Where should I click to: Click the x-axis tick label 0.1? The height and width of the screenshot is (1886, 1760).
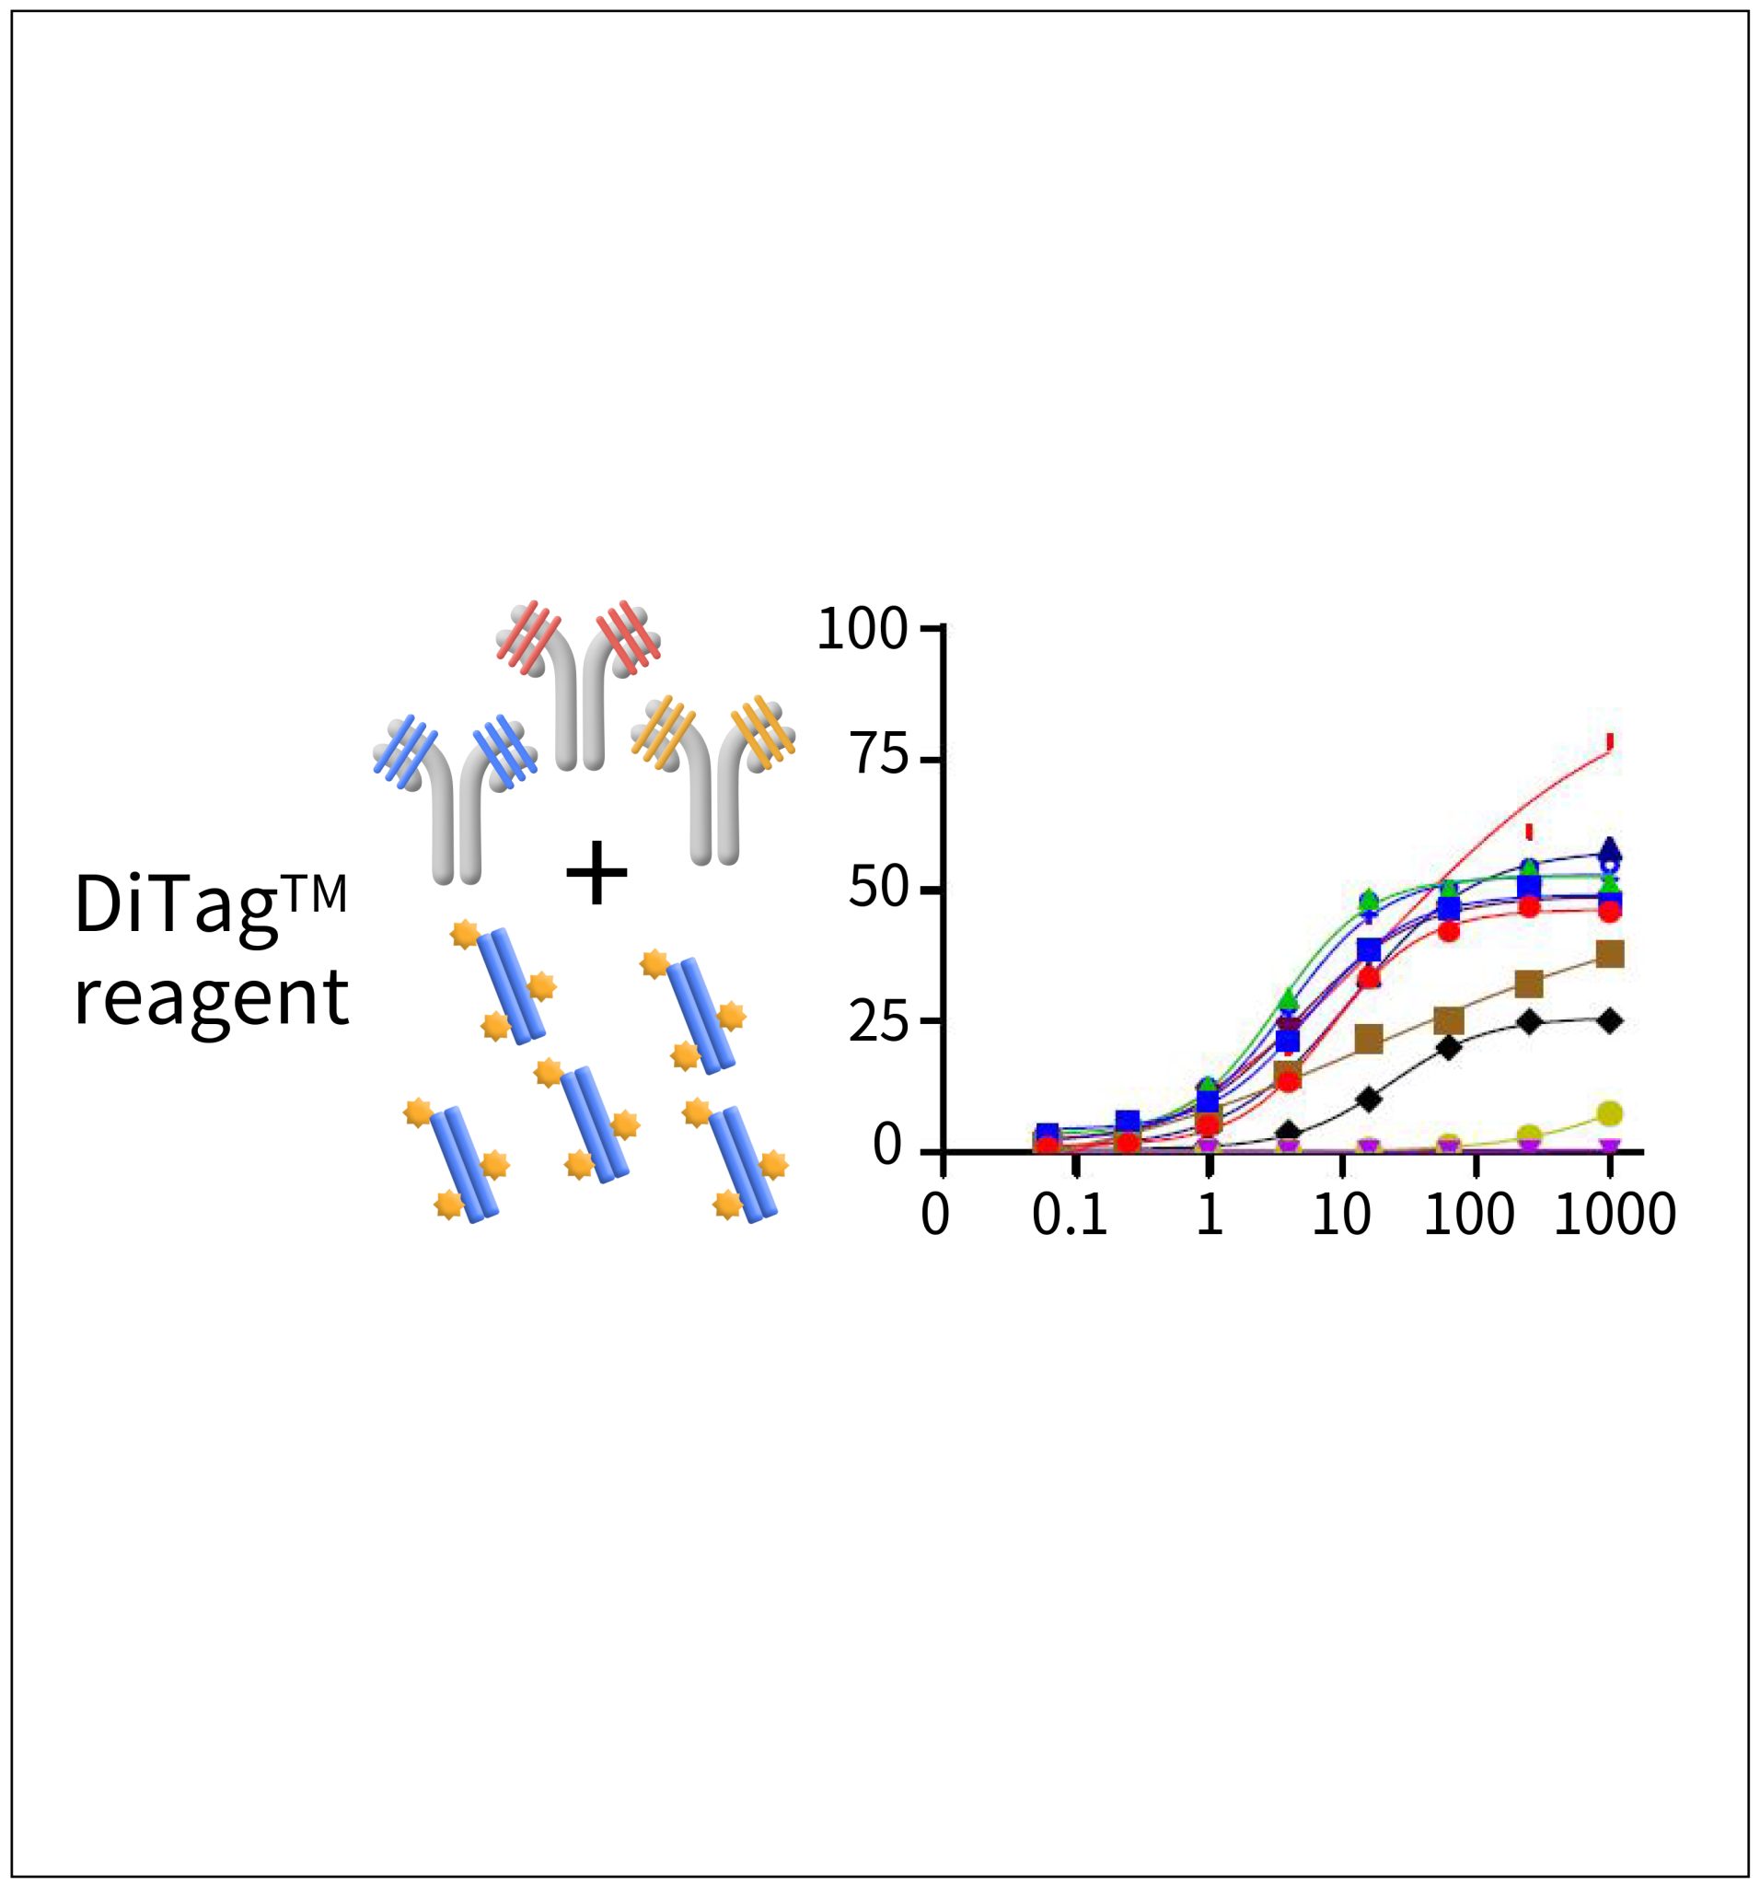1070,1217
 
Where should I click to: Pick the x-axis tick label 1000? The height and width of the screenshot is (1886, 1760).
1614,1217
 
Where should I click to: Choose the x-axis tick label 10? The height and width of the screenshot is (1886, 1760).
1341,1217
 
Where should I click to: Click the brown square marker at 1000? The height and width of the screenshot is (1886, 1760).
1610,953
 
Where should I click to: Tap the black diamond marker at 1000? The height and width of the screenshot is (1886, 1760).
1610,1020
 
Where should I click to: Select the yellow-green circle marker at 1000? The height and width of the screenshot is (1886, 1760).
1610,1112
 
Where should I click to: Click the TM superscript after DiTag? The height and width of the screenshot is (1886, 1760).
316,893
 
